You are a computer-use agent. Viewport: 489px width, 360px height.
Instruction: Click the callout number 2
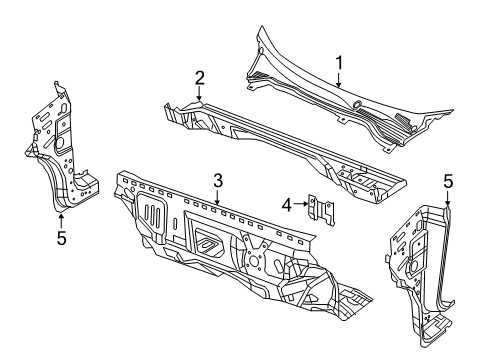click(x=199, y=78)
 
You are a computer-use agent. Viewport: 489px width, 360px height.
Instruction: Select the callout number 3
click(x=217, y=179)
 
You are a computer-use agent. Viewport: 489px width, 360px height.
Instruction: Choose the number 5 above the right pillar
click(x=447, y=181)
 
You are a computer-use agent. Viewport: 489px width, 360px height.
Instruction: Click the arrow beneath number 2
click(x=199, y=96)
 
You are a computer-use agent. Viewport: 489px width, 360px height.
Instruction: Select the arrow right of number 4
click(x=303, y=205)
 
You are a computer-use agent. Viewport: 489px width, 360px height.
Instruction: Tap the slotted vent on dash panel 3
click(x=150, y=214)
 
